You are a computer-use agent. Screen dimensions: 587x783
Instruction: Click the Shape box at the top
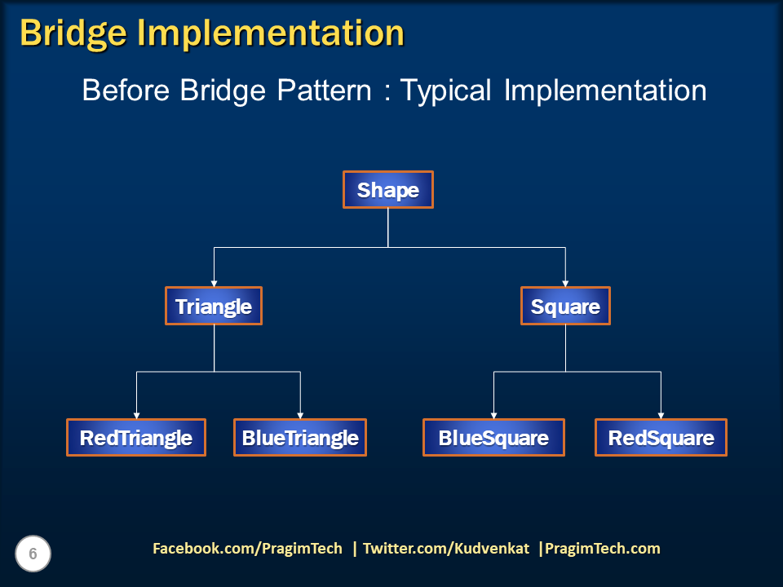coord(387,190)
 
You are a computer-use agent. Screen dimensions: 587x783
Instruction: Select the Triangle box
coord(214,307)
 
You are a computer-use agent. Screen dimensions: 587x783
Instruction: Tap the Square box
coord(565,307)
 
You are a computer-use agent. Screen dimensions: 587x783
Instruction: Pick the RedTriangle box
coord(136,438)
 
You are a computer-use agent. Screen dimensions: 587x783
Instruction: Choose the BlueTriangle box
coord(300,438)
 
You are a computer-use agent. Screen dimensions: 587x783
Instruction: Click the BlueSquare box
coord(493,438)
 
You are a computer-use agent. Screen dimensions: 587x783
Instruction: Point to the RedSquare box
coord(661,438)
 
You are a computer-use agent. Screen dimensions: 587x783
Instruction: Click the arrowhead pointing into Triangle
coord(214,282)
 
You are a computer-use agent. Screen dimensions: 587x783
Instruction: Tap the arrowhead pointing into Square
coord(565,282)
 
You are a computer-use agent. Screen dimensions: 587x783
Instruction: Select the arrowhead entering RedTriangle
coord(136,414)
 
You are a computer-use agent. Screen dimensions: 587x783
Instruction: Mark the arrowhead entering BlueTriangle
coord(301,414)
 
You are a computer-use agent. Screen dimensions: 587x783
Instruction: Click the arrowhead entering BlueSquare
coord(494,414)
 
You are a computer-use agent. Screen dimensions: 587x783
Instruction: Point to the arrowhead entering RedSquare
coord(661,414)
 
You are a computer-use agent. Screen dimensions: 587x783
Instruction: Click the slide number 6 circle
coord(33,554)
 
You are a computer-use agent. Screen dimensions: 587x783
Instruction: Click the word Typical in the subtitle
coord(446,90)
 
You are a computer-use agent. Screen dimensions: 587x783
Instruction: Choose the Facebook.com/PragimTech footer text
coord(248,549)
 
